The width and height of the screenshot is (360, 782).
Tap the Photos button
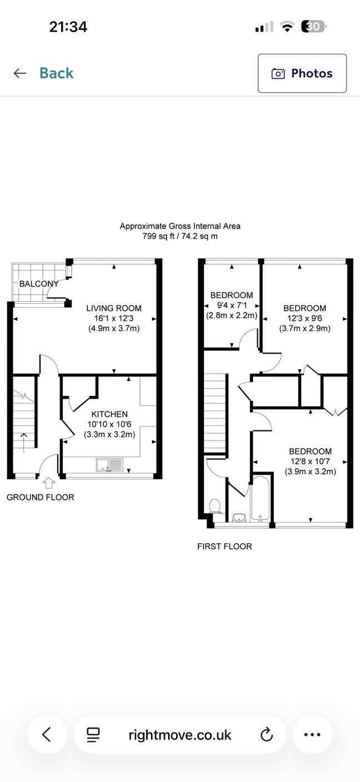tap(302, 73)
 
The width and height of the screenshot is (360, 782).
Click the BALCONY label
tap(39, 284)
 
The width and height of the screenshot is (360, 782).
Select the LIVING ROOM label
tap(113, 308)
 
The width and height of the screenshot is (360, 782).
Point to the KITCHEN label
tap(109, 414)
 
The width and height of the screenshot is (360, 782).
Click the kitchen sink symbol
tap(109, 465)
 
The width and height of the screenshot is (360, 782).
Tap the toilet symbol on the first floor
tap(214, 505)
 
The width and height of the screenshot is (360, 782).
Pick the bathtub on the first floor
tap(260, 498)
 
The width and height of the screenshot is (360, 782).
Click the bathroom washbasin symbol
tap(239, 518)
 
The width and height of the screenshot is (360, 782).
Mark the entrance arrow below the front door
tap(49, 483)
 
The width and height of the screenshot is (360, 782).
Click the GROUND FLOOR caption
tap(40, 497)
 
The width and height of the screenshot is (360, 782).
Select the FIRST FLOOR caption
tap(224, 547)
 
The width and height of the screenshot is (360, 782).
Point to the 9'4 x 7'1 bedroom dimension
tap(232, 305)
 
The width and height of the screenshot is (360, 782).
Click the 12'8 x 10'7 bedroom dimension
tap(311, 462)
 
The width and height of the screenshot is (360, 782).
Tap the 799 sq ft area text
tap(180, 236)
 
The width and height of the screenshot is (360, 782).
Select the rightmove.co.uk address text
tap(179, 735)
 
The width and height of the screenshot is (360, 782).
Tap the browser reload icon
tap(267, 735)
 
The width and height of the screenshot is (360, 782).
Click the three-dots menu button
tap(312, 735)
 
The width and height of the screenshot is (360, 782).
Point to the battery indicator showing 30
tap(313, 26)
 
